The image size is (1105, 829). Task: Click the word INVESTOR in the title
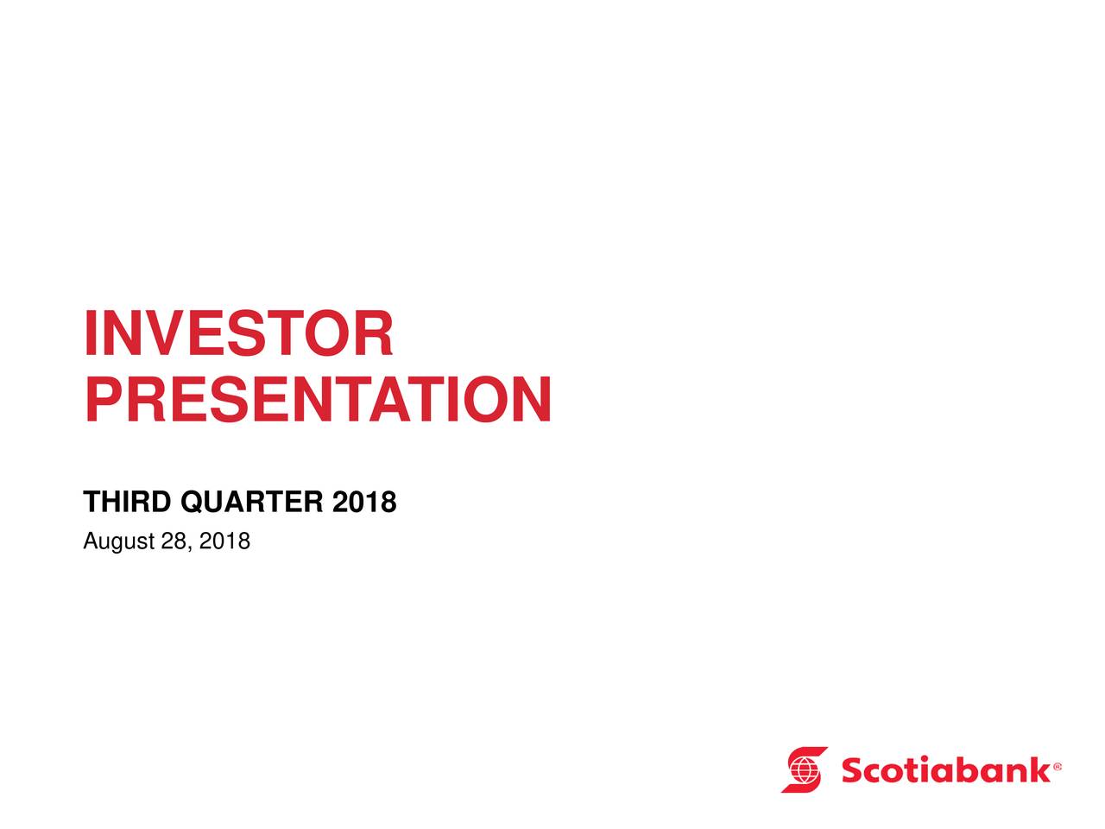238,332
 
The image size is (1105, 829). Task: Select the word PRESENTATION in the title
319,399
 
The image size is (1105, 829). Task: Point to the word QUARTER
252,502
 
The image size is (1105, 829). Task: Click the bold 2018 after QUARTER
364,502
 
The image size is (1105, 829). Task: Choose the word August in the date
119,541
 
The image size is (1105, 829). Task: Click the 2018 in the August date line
224,541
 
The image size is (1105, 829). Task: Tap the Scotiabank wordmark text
945,769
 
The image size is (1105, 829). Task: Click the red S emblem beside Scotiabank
804,769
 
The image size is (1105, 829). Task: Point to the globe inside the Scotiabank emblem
804,769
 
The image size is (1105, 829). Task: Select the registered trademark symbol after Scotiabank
1057,767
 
